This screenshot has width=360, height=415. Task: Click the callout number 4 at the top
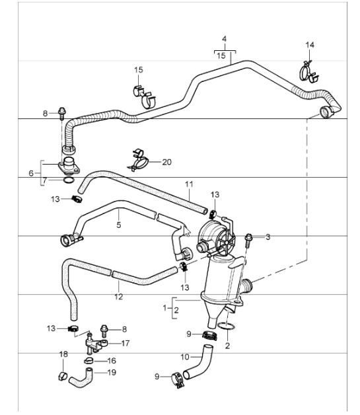(225, 40)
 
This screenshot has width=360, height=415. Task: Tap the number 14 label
(310, 45)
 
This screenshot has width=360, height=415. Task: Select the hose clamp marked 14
(307, 70)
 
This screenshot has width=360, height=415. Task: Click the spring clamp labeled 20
(137, 159)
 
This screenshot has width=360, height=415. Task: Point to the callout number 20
(166, 162)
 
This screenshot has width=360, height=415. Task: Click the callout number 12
(118, 297)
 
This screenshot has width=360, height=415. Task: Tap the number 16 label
(111, 361)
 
